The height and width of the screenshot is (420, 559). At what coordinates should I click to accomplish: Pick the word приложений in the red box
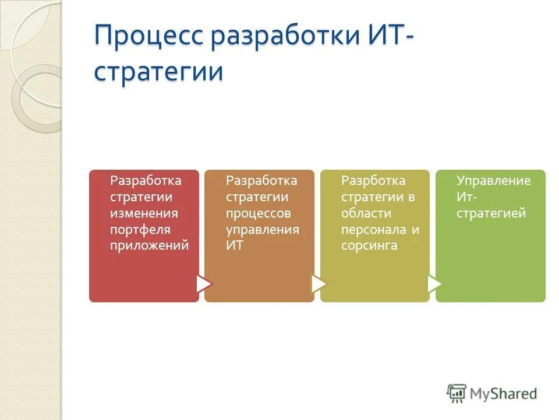(150, 246)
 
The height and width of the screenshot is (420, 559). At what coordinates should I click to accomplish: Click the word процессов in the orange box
(258, 213)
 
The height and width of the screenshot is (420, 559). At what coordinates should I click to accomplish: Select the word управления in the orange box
(263, 229)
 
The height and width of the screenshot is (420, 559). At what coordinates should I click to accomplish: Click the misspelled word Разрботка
(373, 180)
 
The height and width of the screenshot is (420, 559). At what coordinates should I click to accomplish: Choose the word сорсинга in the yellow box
(369, 246)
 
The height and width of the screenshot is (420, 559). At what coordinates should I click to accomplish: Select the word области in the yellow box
(366, 213)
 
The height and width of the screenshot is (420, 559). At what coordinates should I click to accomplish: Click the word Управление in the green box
(493, 180)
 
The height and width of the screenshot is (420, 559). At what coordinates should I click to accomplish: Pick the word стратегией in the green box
(491, 213)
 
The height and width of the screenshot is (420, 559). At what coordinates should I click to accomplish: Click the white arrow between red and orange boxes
(203, 283)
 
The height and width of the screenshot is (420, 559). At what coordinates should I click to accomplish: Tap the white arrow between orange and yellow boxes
(319, 283)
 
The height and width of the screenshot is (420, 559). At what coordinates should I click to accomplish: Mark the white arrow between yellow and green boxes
(434, 283)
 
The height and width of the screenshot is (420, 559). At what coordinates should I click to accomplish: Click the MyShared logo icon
(457, 393)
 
